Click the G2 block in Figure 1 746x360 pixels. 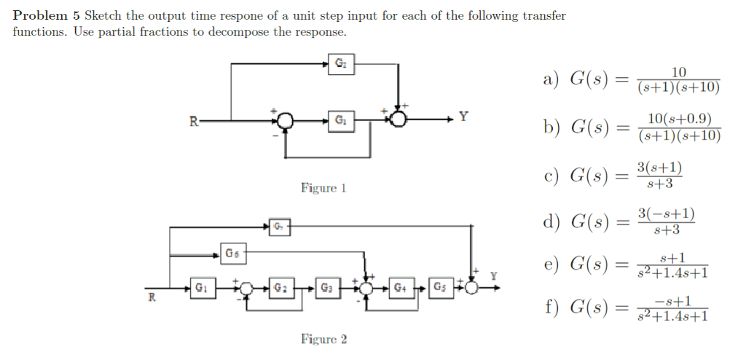click(339, 63)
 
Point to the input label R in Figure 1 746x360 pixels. click(194, 120)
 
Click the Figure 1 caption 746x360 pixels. click(323, 188)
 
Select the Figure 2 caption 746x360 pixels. click(323, 339)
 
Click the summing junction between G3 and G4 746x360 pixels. click(364, 287)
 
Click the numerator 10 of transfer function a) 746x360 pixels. click(678, 71)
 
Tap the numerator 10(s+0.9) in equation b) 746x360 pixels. click(679, 120)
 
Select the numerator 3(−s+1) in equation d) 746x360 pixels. click(666, 214)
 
